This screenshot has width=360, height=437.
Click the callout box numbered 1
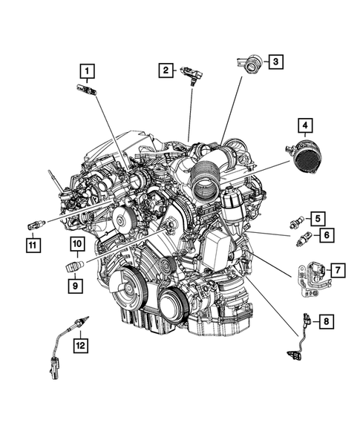click(88, 72)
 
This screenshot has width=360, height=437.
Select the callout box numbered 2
click(166, 70)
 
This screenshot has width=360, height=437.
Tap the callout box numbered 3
click(274, 62)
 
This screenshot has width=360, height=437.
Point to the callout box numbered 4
click(304, 125)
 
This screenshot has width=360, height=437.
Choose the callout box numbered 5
click(316, 218)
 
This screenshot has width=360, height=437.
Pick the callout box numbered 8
click(325, 321)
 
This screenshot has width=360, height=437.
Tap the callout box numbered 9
click(76, 283)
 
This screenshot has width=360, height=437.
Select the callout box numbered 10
click(76, 244)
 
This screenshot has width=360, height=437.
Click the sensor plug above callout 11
click(34, 223)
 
